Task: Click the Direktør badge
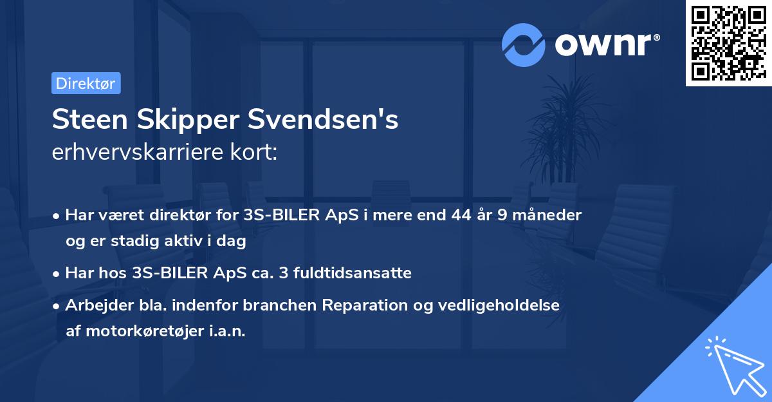point(86,83)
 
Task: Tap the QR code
point(728,43)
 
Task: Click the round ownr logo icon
point(524,44)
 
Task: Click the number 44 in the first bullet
point(463,215)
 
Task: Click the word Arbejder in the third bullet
point(93,305)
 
